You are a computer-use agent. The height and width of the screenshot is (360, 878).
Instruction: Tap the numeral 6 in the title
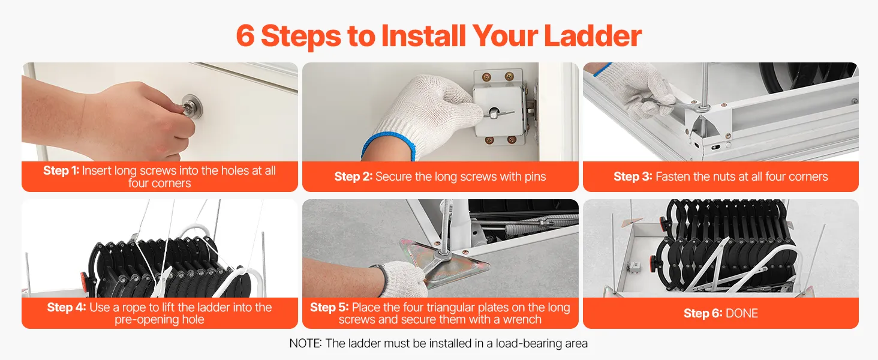(245, 36)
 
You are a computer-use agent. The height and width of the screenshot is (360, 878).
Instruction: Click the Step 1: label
(61, 170)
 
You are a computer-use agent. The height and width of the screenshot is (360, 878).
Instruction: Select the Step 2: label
(353, 176)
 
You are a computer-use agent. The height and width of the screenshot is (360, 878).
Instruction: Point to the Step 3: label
(633, 176)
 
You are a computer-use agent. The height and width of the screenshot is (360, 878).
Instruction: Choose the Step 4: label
(66, 307)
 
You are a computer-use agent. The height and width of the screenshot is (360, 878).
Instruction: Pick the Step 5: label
(329, 307)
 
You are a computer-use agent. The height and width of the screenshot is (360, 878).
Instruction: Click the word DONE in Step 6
(742, 313)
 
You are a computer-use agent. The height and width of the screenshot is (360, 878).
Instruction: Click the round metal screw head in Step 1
(192, 105)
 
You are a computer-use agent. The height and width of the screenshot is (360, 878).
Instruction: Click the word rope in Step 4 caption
(134, 308)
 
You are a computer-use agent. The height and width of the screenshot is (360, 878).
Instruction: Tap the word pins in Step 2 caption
(534, 177)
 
